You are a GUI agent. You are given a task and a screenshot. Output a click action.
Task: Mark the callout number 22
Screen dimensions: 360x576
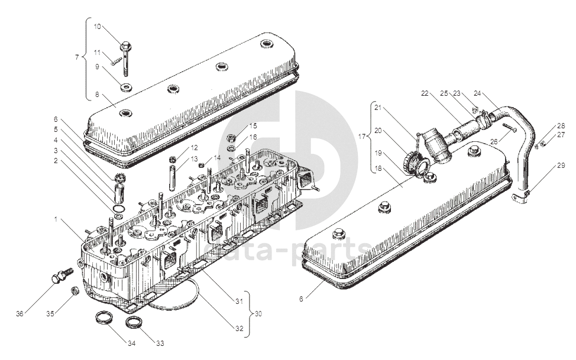tap(425, 93)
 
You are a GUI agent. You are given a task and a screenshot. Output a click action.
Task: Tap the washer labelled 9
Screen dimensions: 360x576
tap(125, 88)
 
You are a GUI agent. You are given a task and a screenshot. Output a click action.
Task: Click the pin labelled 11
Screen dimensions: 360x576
tap(116, 58)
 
